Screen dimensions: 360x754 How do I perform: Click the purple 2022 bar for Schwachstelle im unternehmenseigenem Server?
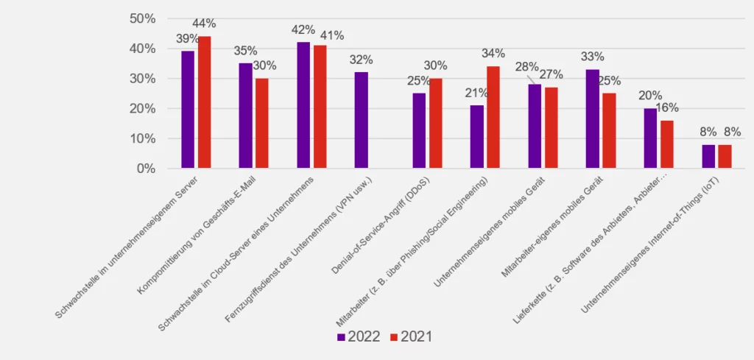tap(188, 110)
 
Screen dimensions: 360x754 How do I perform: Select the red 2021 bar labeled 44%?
tap(204, 102)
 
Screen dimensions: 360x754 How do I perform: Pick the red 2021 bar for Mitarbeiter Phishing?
tap(493, 117)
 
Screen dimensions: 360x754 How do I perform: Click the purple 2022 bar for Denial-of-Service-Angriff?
tap(419, 130)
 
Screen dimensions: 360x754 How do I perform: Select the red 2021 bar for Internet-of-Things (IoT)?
tap(725, 156)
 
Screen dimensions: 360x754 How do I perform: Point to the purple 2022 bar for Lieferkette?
tap(650, 138)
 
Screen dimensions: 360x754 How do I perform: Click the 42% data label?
tap(303, 30)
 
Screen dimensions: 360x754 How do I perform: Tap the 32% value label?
tap(361, 60)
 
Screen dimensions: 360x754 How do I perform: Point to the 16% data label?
tap(666, 107)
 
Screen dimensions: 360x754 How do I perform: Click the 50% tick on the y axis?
tap(142, 18)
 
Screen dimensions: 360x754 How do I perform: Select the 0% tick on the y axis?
tap(146, 168)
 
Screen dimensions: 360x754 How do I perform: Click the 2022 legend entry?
tap(359, 337)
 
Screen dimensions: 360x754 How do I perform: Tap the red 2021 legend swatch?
tap(393, 337)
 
